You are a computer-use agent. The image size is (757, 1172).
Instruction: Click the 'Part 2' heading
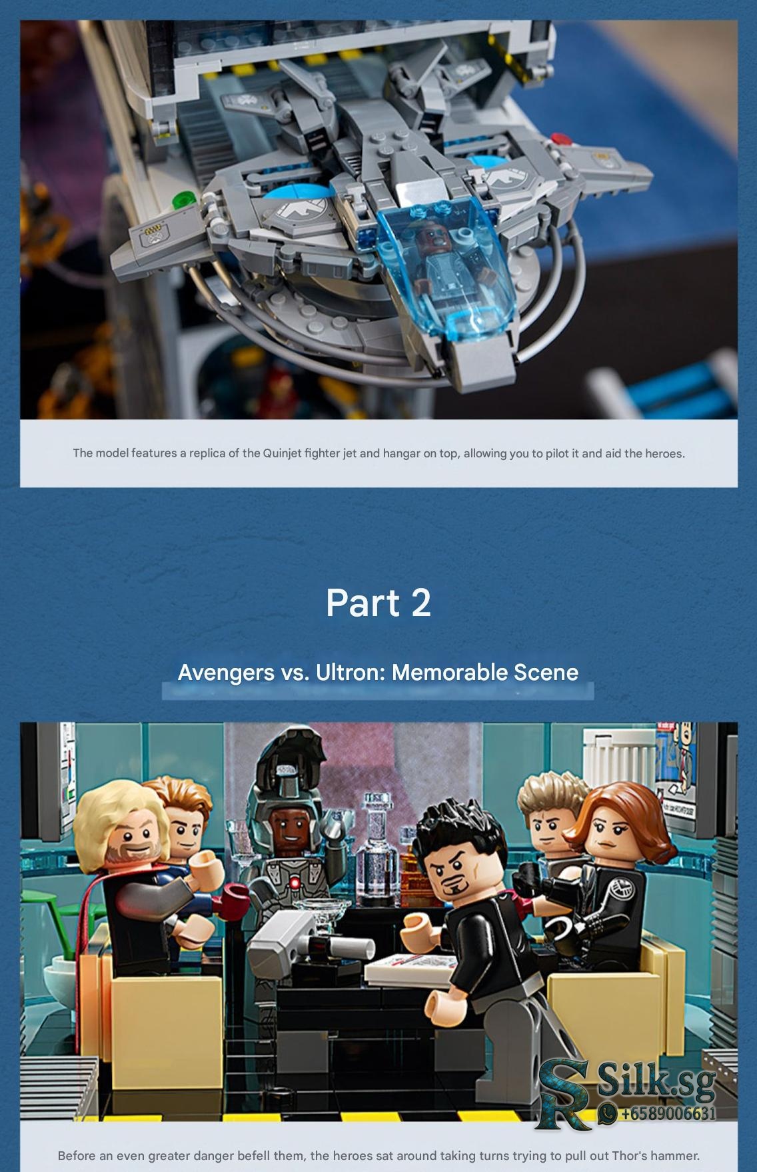(378, 603)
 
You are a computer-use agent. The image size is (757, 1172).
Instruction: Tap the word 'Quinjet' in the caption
(283, 454)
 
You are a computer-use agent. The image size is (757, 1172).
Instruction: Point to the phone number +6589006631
(668, 1113)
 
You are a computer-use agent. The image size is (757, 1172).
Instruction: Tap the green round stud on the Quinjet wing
(182, 201)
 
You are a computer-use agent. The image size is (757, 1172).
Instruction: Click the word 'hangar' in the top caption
(400, 454)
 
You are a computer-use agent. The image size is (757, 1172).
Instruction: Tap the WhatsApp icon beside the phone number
(608, 1113)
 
